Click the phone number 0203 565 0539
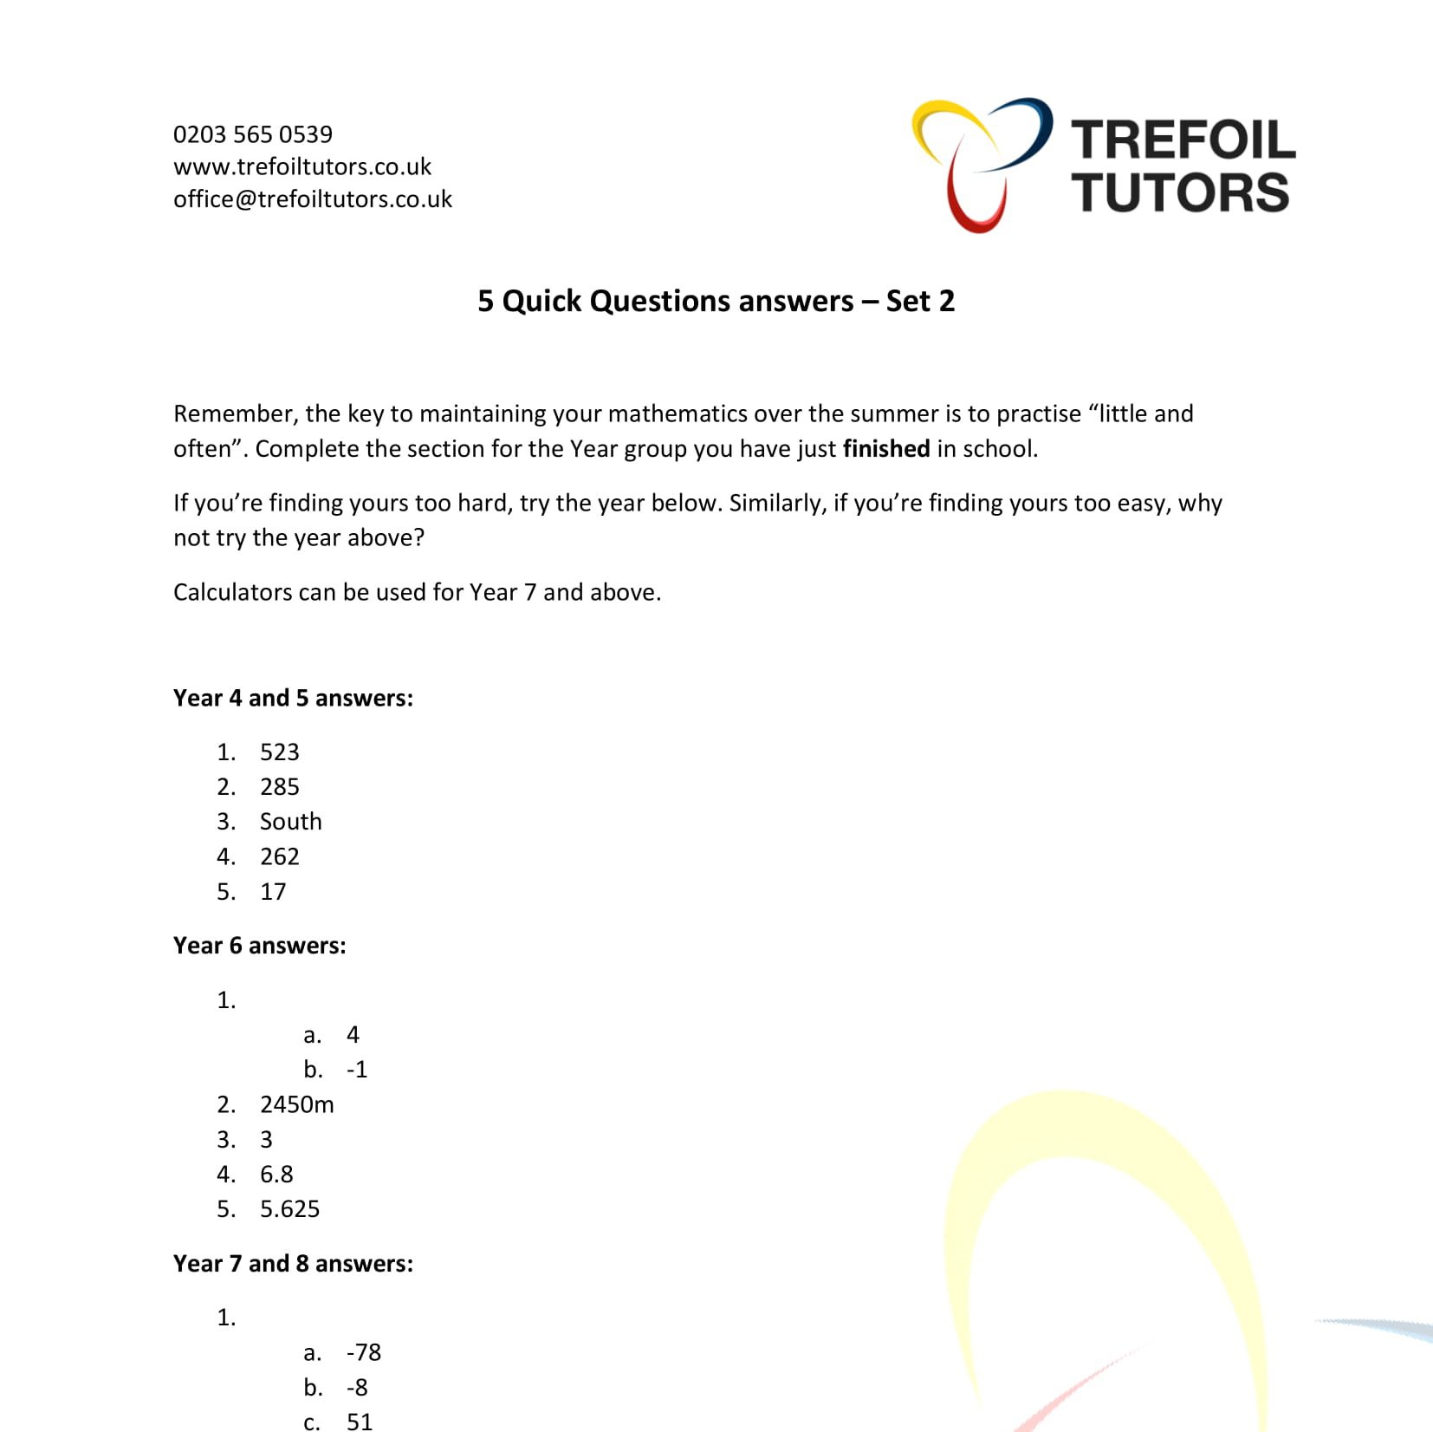coord(252,134)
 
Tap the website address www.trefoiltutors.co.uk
coord(302,166)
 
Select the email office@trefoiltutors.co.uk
coord(312,199)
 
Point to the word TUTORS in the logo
coord(1180,192)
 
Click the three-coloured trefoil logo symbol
coord(981,163)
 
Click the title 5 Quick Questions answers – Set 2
coord(716,301)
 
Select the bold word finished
coord(885,449)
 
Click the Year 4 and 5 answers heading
coord(293,699)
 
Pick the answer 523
coord(279,752)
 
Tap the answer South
coord(290,822)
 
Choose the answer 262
coord(279,857)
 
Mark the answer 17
coord(273,892)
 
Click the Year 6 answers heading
coord(259,946)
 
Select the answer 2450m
coord(296,1105)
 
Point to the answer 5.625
coord(289,1209)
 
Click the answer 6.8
coord(276,1175)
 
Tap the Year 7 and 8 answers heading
coord(293,1264)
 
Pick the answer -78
coord(363,1353)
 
